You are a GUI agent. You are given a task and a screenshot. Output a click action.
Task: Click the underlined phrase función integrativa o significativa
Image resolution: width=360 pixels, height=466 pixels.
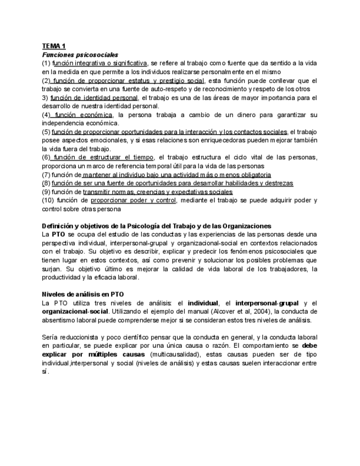click(x=100, y=63)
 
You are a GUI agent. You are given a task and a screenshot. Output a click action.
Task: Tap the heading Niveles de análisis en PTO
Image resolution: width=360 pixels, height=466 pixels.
click(x=83, y=294)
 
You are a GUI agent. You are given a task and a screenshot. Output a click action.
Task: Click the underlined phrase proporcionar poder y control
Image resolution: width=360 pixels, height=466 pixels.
click(x=133, y=200)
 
